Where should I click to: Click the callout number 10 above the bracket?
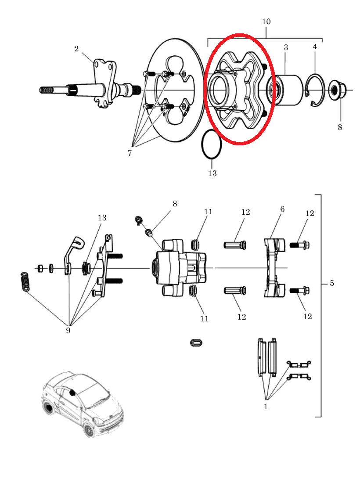click(266, 22)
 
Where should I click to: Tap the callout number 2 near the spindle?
click(76, 49)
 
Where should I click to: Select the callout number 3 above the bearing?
click(285, 47)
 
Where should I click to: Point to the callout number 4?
click(315, 47)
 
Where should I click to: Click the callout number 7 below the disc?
click(130, 153)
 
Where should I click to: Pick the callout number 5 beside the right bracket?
click(332, 283)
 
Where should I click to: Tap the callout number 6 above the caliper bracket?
click(282, 209)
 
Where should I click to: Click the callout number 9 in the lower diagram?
click(68, 330)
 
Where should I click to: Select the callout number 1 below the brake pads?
click(266, 407)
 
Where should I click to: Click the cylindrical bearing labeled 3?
click(285, 90)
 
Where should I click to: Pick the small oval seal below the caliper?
click(196, 342)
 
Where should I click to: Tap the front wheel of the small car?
click(89, 430)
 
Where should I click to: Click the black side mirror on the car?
click(72, 392)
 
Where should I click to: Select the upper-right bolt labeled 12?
click(299, 245)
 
